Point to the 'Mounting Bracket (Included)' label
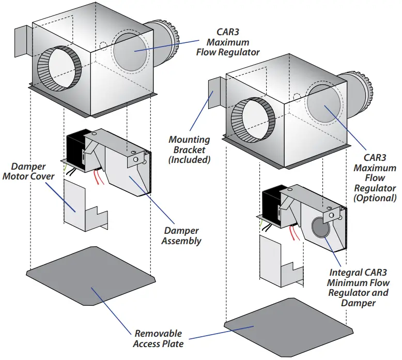click(190, 149)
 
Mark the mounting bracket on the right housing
click(214, 95)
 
